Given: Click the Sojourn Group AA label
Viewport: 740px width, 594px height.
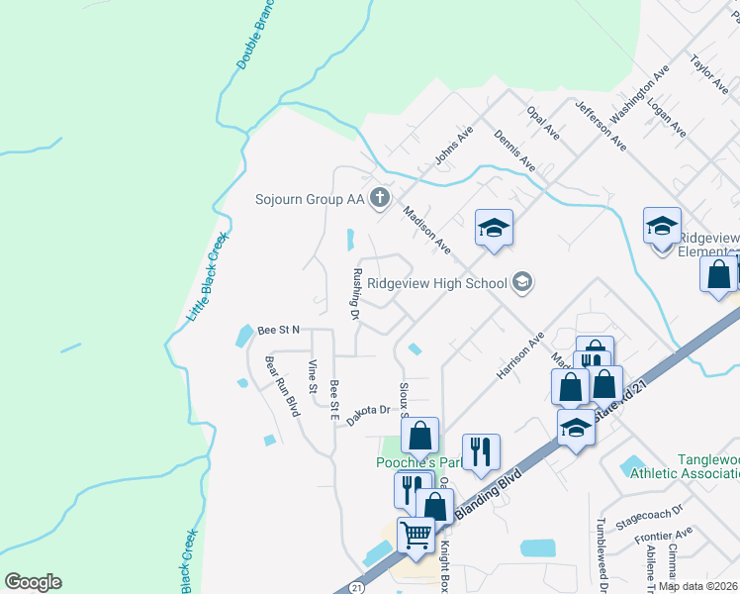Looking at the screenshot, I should (x=310, y=199).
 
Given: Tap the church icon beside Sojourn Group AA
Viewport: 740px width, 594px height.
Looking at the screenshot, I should (x=379, y=199).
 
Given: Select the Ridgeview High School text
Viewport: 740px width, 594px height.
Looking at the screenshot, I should (x=436, y=283).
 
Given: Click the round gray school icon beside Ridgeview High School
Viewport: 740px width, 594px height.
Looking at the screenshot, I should (x=522, y=283).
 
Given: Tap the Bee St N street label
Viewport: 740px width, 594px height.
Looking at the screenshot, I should (x=278, y=330).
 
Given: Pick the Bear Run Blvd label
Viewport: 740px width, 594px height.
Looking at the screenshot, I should (x=281, y=385).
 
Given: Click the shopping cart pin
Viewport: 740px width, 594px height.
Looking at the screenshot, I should (x=416, y=536).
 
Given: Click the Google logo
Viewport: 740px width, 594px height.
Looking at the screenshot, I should (x=33, y=582).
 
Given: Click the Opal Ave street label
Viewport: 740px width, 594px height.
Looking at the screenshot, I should (x=545, y=126).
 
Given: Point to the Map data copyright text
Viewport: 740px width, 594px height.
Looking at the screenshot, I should (x=698, y=586).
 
